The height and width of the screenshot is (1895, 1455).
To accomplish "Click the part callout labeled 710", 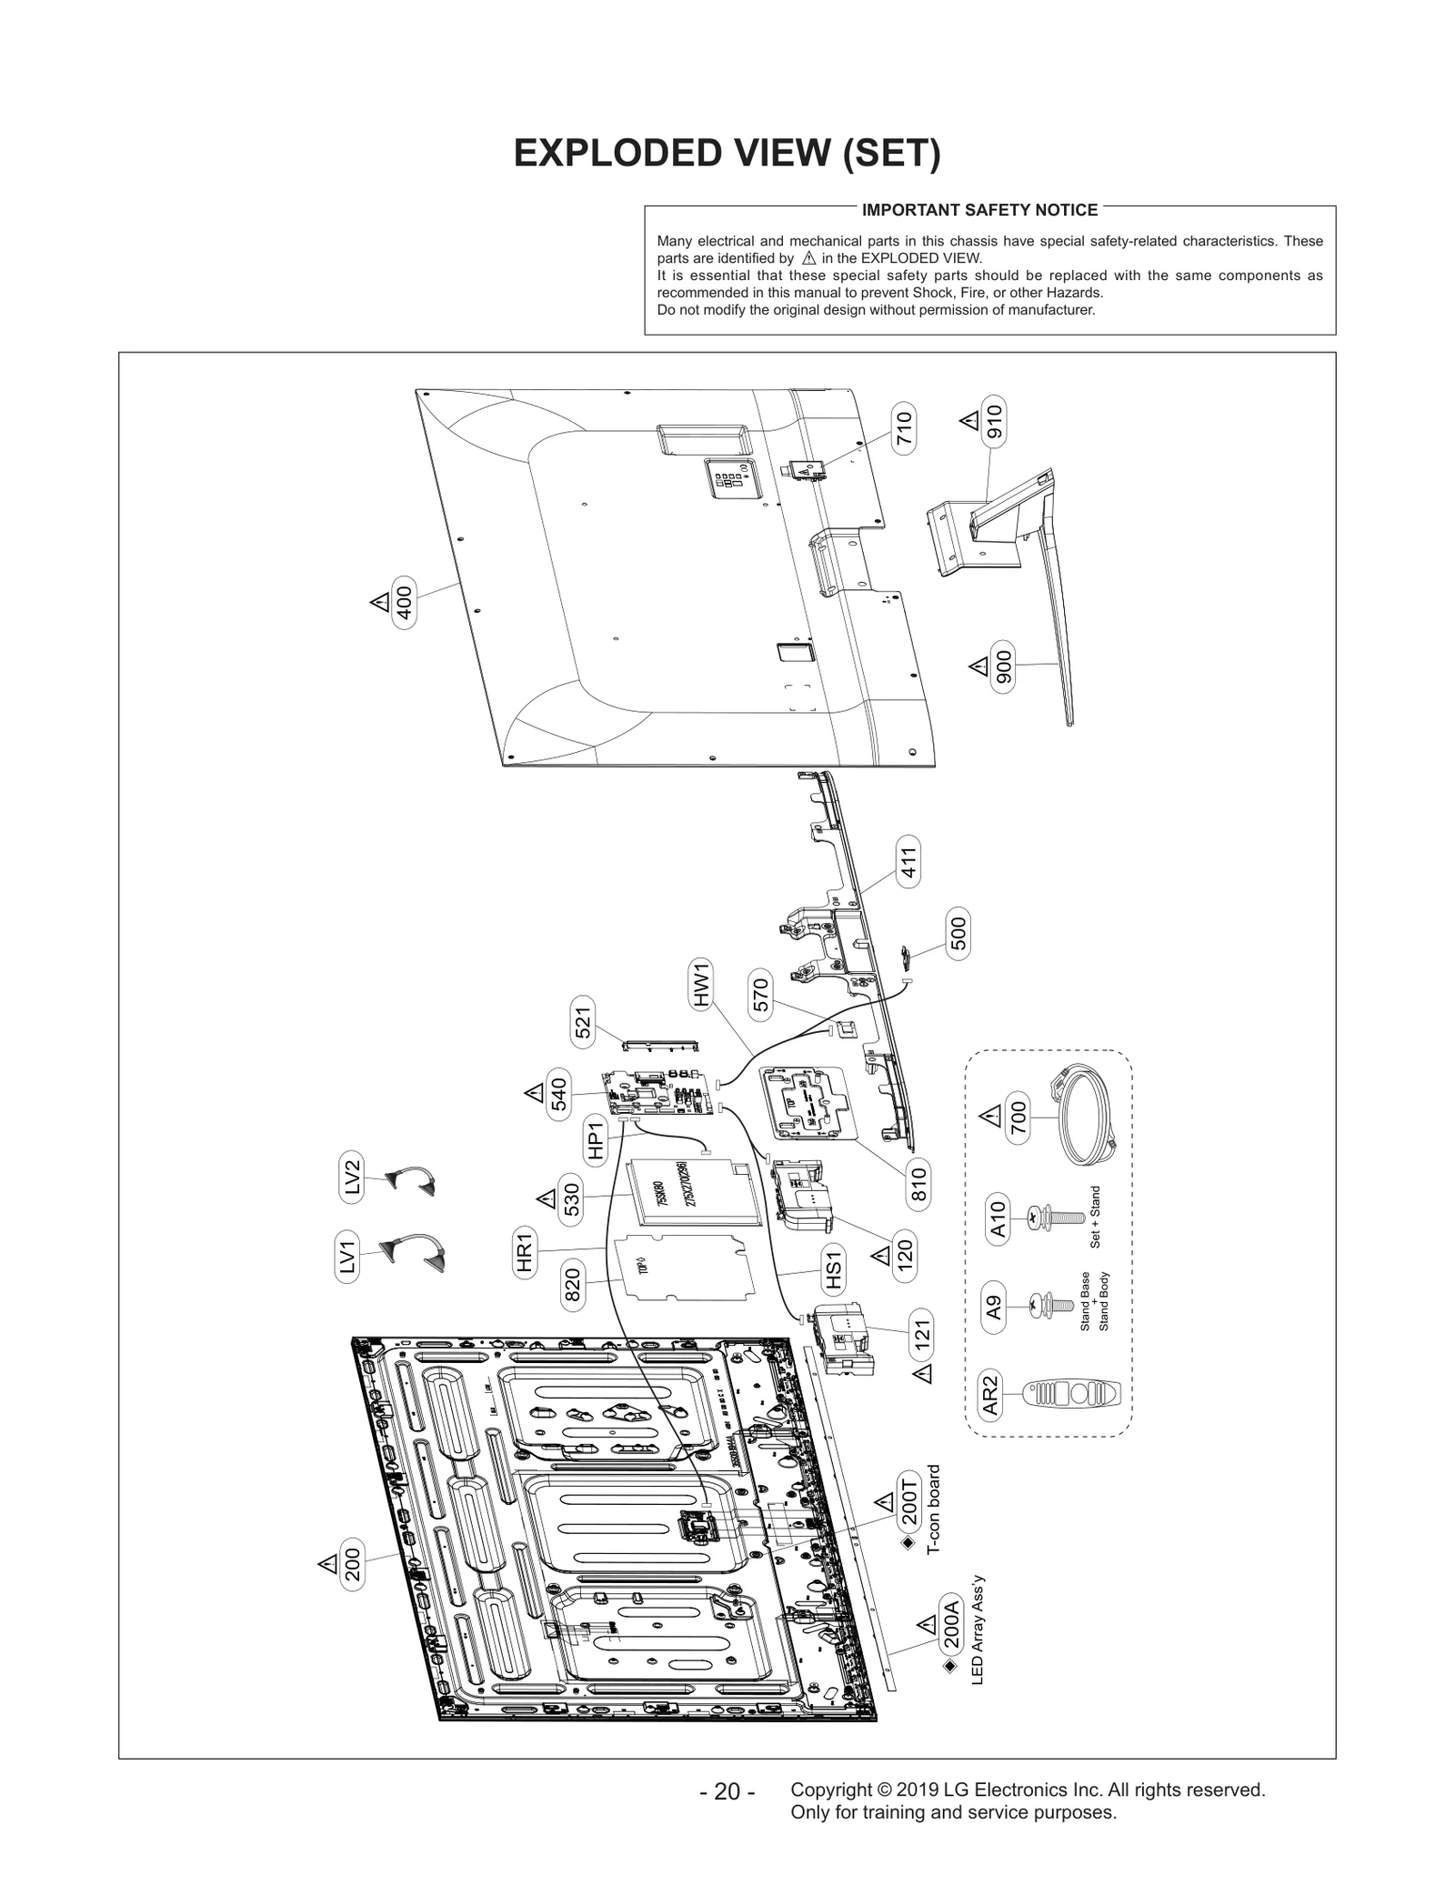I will [x=904, y=429].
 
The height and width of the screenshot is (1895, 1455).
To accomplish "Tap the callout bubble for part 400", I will [x=404, y=602].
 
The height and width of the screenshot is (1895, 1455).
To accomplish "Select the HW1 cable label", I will [x=701, y=985].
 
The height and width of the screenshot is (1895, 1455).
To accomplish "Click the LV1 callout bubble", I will [x=347, y=1258].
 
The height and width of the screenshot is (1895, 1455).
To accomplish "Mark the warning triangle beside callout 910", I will [x=969, y=421].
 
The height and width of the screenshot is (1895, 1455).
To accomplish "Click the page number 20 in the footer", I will [x=727, y=1791].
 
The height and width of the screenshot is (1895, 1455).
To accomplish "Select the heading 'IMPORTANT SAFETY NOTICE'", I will [x=979, y=210].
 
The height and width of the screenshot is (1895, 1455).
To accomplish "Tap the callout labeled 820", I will [x=573, y=1282].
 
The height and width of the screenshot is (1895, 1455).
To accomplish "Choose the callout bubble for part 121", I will [x=921, y=1334].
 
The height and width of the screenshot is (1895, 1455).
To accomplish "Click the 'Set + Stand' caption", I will [x=1095, y=1217].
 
